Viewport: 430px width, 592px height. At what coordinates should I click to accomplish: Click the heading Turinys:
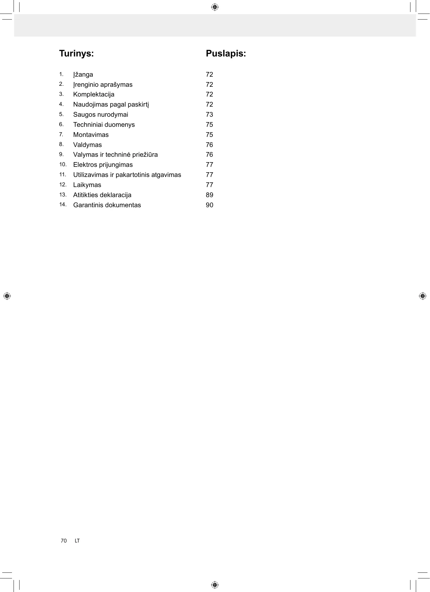point(76,54)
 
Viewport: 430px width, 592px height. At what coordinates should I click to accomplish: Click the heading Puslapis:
point(226,54)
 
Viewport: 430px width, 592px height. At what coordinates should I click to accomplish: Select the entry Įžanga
point(83,75)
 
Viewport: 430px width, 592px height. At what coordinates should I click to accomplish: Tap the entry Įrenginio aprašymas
point(103,85)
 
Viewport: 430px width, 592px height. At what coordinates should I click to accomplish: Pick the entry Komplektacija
point(94,95)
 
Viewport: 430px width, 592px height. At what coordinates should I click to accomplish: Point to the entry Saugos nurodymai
point(101,115)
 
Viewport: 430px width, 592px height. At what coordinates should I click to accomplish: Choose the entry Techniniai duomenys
point(104,125)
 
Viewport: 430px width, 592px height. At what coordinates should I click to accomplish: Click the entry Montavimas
point(91,135)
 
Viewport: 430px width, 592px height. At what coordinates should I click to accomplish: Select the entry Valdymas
point(87,145)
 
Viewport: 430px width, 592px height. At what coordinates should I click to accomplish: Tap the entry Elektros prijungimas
point(103,165)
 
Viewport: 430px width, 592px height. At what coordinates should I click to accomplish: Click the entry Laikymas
point(87,185)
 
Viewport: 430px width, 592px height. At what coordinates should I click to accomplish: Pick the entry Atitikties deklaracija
point(102,195)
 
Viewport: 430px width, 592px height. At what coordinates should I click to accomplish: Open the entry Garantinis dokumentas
point(107,205)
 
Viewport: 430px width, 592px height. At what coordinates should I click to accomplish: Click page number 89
point(209,195)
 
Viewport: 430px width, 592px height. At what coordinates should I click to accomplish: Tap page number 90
point(209,205)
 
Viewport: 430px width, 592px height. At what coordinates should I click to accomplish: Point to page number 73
point(209,115)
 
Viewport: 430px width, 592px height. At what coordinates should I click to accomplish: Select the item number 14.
point(63,205)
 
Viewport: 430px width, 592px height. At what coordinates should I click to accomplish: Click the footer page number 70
point(64,541)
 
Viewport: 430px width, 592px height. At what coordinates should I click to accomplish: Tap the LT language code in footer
point(77,541)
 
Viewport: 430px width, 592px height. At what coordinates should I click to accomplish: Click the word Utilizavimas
point(90,175)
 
